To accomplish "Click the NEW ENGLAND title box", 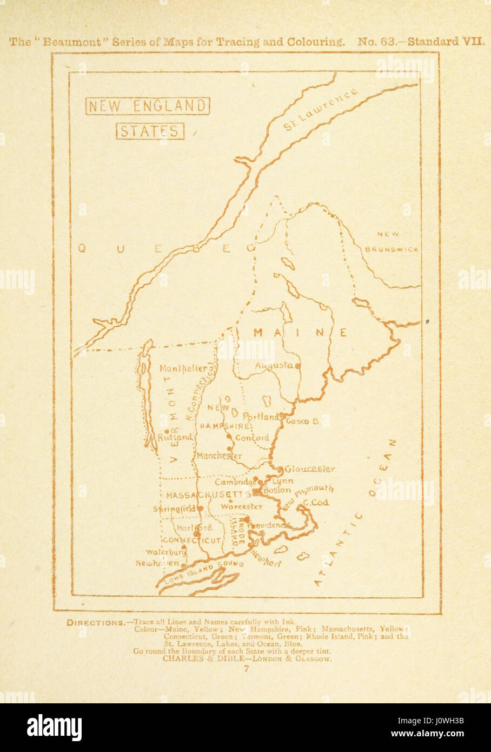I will (x=147, y=106).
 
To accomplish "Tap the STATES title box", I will (x=149, y=131).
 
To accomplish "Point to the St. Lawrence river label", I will (x=320, y=110).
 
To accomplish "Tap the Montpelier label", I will (x=183, y=368).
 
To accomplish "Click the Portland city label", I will (x=261, y=417).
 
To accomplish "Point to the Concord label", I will (x=251, y=438).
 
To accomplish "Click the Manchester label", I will (x=218, y=456).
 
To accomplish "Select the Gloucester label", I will (x=310, y=469).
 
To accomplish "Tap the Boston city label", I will (x=277, y=490).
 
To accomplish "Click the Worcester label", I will (x=242, y=507).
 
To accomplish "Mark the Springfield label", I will (x=174, y=509).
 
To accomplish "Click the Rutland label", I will (x=175, y=437).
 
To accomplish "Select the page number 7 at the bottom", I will (x=246, y=669).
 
